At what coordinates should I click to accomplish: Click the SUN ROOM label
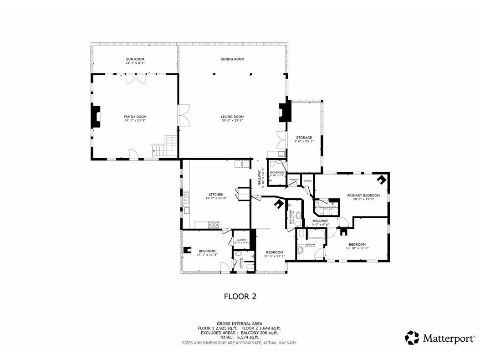135,59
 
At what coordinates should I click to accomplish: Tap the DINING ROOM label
232,59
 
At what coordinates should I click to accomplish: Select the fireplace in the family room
96,116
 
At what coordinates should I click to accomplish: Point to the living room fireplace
285,112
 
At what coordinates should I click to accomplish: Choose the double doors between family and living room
184,116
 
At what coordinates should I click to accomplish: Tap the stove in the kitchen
214,224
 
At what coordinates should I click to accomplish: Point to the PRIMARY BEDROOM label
363,195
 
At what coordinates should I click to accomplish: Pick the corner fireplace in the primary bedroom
383,180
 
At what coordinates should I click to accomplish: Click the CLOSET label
241,240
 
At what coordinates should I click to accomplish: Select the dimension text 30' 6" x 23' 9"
232,121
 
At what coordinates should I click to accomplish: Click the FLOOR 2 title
240,297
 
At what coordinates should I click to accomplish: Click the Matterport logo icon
412,338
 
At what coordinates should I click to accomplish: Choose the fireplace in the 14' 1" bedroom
188,249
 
